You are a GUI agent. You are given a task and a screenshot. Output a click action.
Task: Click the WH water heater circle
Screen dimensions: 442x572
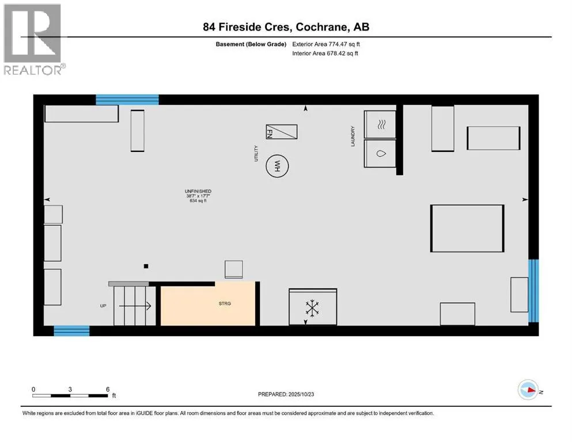(x=277, y=167)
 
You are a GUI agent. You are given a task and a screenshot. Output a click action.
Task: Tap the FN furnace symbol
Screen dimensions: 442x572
(x=281, y=132)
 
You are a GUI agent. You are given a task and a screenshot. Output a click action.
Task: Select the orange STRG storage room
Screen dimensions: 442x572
(x=208, y=303)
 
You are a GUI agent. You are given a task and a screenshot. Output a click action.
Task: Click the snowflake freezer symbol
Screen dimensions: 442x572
(x=312, y=308)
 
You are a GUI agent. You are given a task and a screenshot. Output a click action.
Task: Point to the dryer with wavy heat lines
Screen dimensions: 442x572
(x=380, y=124)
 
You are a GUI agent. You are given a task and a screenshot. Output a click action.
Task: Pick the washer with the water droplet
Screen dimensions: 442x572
(x=380, y=154)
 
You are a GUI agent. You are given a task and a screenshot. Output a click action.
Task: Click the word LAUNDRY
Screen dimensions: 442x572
(x=354, y=136)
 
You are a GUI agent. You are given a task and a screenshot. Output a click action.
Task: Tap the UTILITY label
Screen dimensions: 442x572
(x=256, y=153)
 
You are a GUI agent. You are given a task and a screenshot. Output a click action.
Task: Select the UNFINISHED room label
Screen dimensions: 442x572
(x=198, y=191)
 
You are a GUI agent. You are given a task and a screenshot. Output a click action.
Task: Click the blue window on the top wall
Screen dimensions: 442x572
(x=127, y=100)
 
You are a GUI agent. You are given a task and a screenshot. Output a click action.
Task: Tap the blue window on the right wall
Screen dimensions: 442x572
(x=533, y=291)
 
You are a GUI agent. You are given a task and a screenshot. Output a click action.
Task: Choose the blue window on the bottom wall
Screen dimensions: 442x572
(x=71, y=330)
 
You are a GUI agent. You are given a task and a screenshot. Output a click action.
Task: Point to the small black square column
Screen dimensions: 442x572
(x=146, y=266)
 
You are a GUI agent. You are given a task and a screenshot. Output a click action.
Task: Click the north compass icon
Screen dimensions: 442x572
(x=528, y=390)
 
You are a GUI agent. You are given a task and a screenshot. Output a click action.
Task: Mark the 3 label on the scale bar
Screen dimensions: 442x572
(x=70, y=389)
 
